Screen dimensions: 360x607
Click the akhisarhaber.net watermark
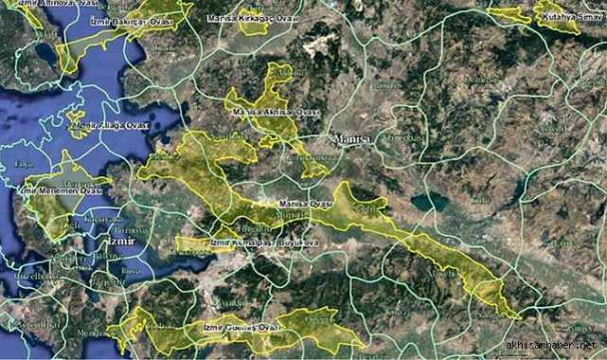coord(553,346)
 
